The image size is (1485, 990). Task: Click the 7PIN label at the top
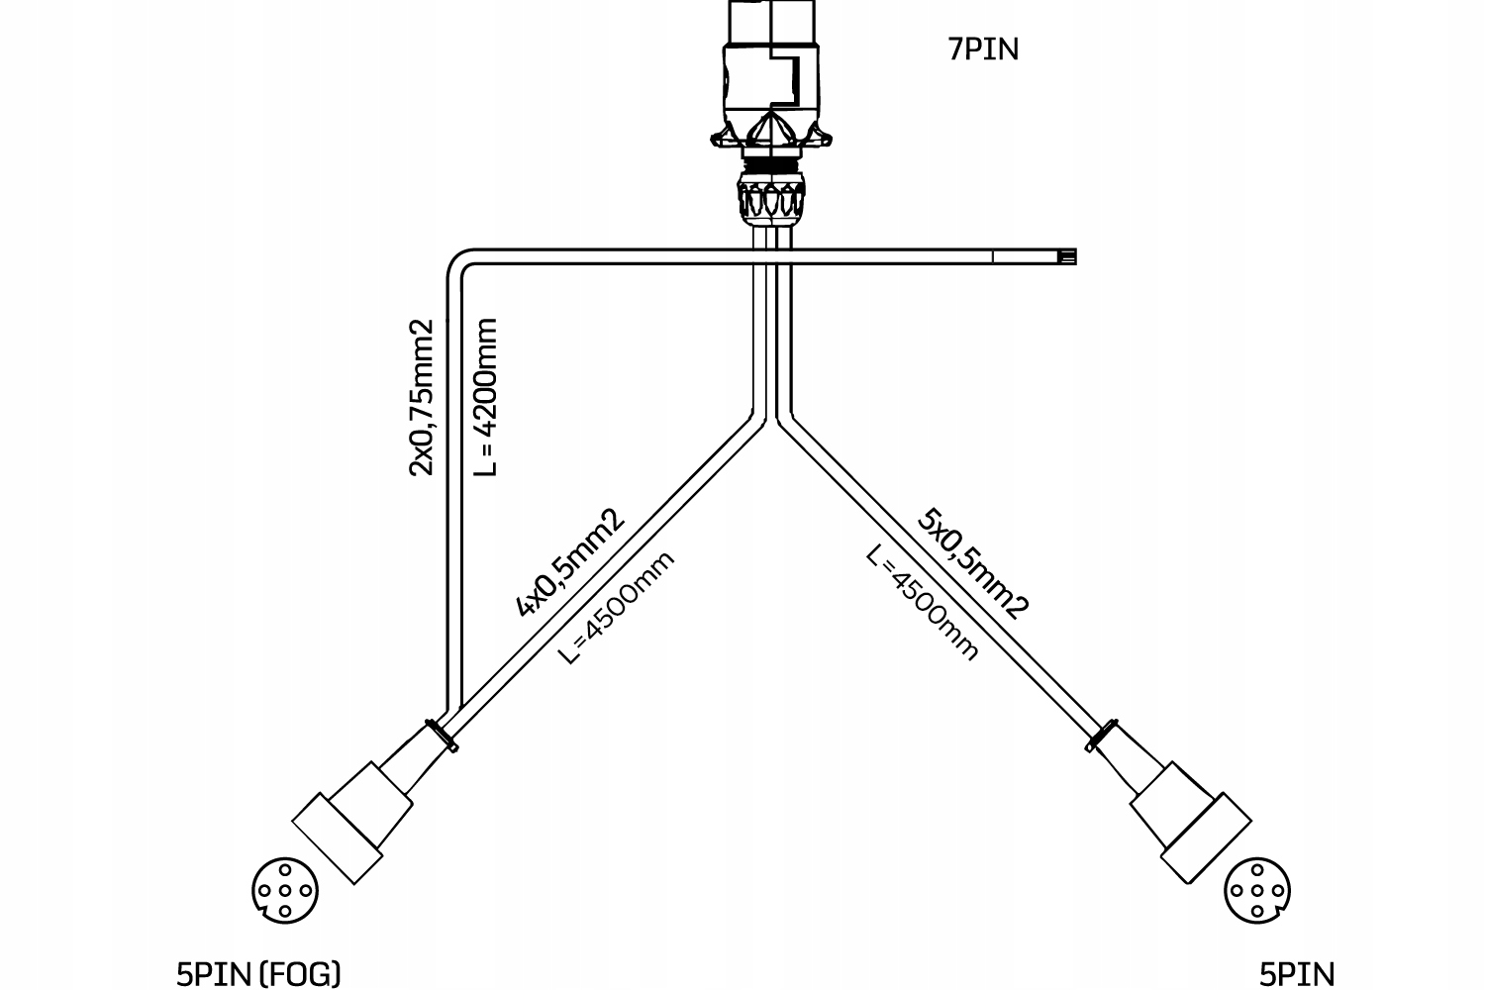click(983, 49)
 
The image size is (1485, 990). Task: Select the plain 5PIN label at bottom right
click(1296, 974)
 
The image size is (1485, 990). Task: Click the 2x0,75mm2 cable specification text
click(422, 396)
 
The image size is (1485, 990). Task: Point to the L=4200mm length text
click(485, 396)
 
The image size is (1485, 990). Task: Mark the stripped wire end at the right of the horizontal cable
click(1066, 257)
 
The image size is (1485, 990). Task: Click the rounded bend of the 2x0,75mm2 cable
click(459, 264)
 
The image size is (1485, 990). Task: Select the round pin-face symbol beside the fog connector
click(285, 890)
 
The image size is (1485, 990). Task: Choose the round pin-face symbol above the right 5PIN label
click(1257, 890)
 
